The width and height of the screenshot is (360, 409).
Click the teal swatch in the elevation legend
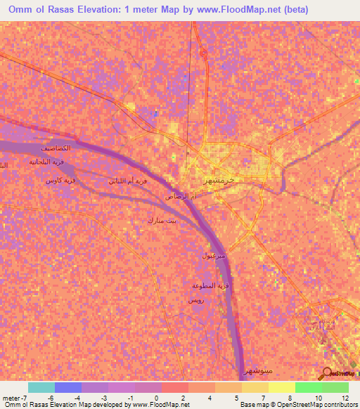(41, 387)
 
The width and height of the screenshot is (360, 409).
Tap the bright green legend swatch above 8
(308, 387)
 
